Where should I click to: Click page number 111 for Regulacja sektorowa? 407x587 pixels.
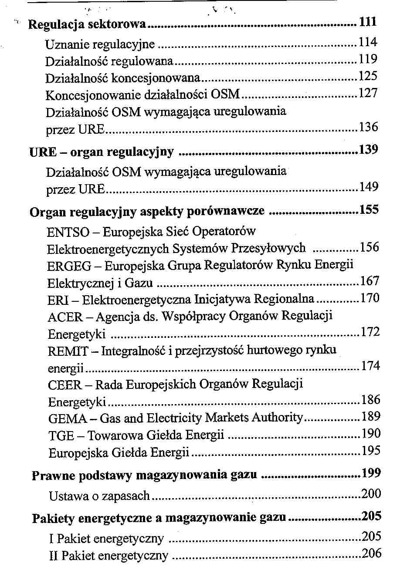coord(368,22)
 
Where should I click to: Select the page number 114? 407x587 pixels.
coord(368,42)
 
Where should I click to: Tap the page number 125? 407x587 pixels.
coord(368,76)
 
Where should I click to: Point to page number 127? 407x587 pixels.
coord(369,93)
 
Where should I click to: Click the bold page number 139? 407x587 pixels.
coord(369,150)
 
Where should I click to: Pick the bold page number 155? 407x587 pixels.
coord(370,210)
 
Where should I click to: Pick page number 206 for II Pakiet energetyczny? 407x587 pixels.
coord(372,553)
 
